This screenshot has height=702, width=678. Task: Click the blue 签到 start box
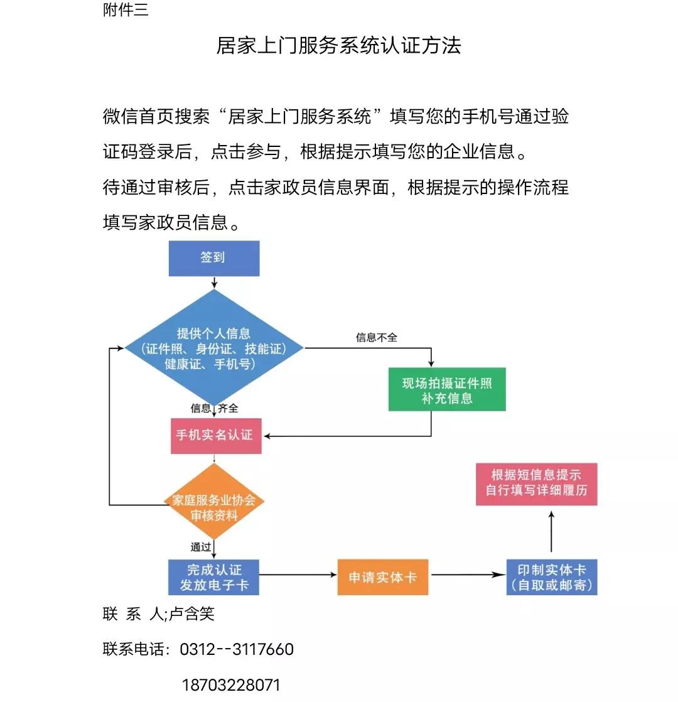pos(213,258)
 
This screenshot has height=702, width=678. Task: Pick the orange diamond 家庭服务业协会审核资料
pos(214,508)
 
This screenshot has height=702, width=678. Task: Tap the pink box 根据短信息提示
pos(536,483)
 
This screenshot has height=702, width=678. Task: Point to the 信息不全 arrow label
pos(377,338)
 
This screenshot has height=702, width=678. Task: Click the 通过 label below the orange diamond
pos(201,547)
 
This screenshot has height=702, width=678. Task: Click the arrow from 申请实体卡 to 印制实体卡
pos(468,575)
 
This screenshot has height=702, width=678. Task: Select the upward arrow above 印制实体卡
pos(552,531)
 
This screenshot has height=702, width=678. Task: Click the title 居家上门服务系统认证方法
pos(338,45)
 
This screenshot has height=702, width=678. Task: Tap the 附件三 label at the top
pos(126,10)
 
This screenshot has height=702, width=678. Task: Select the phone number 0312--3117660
pos(237,649)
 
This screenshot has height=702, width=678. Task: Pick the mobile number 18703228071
pos(231,684)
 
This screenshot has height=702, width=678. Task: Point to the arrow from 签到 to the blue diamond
pos(214,283)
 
